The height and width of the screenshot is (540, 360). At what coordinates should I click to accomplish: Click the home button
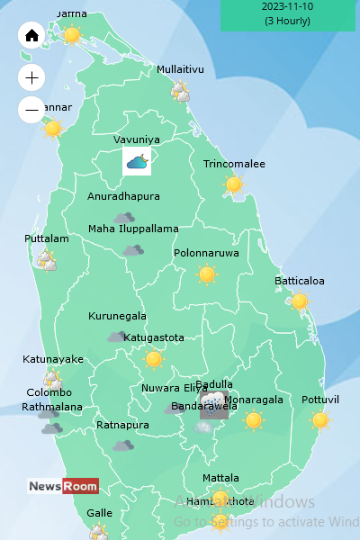coord(31,36)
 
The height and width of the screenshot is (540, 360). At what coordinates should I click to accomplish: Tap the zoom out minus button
coord(31,111)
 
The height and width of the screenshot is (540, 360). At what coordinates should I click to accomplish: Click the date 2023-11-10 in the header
coord(287,6)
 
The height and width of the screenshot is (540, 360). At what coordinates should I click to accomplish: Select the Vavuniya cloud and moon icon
coord(137,162)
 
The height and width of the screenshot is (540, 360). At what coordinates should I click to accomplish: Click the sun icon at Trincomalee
coord(234,184)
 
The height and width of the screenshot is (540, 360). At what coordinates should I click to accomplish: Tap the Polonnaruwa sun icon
coord(207,274)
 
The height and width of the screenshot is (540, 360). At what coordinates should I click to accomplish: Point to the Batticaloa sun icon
coord(300,301)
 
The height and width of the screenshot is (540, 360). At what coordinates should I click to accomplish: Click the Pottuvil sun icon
coord(319,419)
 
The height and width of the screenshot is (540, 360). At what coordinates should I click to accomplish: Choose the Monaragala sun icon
coord(254,419)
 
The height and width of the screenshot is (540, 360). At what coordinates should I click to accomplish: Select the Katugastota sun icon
coord(154,359)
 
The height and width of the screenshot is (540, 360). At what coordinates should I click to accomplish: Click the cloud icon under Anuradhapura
coord(124,217)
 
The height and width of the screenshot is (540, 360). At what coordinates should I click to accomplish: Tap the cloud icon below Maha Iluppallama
coord(133,250)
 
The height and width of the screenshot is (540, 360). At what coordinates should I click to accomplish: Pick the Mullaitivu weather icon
coord(181,91)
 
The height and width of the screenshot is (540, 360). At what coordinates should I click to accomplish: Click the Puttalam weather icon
coord(46,261)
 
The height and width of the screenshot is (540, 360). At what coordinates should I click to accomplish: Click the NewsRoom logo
coord(63,486)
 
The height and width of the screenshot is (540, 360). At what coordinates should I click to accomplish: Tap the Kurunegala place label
coord(117,316)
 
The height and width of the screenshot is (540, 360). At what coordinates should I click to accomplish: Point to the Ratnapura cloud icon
coord(123,445)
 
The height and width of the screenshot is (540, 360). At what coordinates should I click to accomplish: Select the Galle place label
coord(99,513)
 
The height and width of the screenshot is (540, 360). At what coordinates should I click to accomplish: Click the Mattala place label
coord(220,478)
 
